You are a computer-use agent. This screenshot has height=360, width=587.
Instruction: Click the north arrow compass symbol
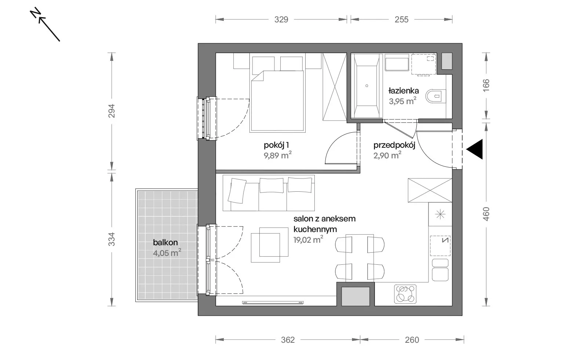(45, 24)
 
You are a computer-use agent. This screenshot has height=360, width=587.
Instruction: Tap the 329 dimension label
(281, 19)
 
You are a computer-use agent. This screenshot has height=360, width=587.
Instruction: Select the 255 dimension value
(401, 19)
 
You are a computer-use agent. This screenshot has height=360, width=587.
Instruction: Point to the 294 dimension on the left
(112, 111)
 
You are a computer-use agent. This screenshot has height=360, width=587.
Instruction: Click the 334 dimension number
(112, 239)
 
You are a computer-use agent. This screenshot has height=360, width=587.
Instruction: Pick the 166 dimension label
(486, 85)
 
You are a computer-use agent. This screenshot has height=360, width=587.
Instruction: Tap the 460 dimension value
(486, 214)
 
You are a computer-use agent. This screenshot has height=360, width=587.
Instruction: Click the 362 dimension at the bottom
(288, 340)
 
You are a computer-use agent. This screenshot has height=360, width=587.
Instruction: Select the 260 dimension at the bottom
(412, 340)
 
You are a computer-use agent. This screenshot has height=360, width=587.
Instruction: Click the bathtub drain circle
(367, 86)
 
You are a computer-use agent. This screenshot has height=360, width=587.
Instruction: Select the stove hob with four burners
(405, 294)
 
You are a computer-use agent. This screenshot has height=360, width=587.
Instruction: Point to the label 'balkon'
(165, 242)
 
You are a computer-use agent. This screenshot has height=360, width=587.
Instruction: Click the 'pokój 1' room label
(276, 145)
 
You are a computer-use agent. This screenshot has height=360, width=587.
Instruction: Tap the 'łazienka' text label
(404, 91)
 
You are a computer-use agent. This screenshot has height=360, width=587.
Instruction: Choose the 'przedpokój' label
(394, 145)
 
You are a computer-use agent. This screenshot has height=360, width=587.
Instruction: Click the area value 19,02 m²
(308, 239)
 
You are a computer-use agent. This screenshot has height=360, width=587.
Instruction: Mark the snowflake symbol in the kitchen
(440, 214)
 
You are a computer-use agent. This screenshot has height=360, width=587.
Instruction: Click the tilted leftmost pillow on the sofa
(237, 191)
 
